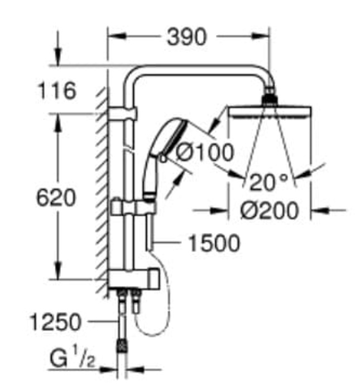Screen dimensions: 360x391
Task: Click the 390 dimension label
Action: coord(187,37)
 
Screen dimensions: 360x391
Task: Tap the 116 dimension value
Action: coord(57,90)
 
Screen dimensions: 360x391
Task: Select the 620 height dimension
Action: coord(56,198)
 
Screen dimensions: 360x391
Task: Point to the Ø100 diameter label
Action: coord(205,152)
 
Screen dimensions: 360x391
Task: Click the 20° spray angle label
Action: coord(268,183)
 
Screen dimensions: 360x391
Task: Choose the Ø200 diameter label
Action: coord(269,211)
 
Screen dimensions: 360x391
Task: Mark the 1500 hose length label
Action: coord(214,243)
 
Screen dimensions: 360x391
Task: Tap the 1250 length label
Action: coord(55,322)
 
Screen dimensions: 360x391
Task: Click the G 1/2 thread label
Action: coord(73,359)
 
